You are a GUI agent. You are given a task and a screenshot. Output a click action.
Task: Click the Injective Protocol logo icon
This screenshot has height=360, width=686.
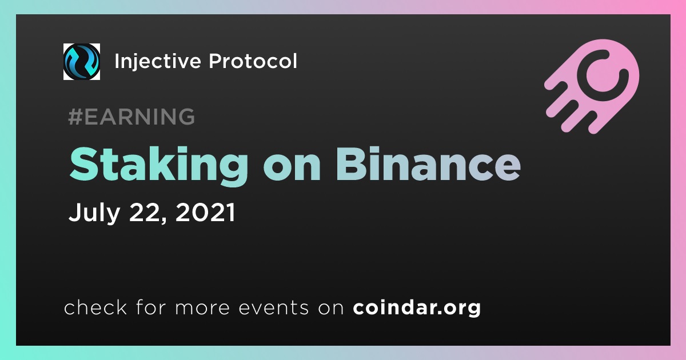pos(81,62)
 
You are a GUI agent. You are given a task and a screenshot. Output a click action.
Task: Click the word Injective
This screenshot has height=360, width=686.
pos(157,62)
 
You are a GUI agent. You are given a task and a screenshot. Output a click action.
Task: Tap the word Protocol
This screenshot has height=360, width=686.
pos(253,61)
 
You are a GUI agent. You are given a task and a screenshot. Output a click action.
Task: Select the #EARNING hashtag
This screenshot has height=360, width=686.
pos(131,117)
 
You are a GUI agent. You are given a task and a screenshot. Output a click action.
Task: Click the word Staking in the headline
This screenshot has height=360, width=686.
pos(159,165)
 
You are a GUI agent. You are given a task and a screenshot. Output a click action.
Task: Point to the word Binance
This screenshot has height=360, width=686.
pos(428,164)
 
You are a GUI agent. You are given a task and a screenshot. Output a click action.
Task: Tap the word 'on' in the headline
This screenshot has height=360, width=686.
pos(292,169)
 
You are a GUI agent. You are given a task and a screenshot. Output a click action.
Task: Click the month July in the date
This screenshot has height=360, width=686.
pos(94,212)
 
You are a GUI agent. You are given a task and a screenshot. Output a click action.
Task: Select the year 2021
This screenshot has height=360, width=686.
pos(205,212)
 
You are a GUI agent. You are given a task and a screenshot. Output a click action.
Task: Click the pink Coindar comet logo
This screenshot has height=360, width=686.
pos(592,86)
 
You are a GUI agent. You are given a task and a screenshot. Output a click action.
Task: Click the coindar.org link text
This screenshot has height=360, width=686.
pos(417,307)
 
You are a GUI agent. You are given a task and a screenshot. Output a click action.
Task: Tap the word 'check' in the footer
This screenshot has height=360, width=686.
pos(95,307)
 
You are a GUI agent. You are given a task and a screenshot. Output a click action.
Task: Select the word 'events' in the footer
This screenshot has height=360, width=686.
pos(273,308)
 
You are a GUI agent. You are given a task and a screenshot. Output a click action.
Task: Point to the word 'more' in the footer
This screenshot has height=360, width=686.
pos(202,309)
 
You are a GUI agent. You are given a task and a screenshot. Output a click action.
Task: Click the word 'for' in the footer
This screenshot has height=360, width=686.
pos(151,307)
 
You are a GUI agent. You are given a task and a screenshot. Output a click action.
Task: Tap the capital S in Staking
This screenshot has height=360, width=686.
pos(85,164)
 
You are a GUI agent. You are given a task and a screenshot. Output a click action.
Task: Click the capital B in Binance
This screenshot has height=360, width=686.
pos(351,164)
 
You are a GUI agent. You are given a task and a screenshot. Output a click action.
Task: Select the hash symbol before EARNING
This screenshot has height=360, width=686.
pos(75,117)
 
